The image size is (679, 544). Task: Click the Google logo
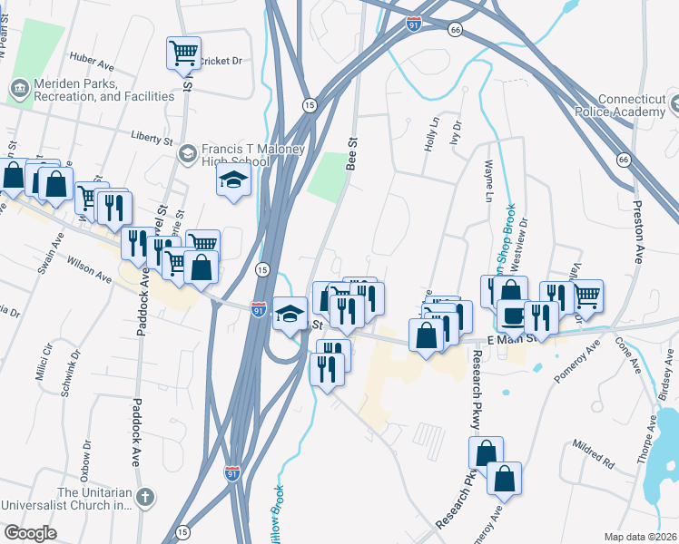tap(30, 533)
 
